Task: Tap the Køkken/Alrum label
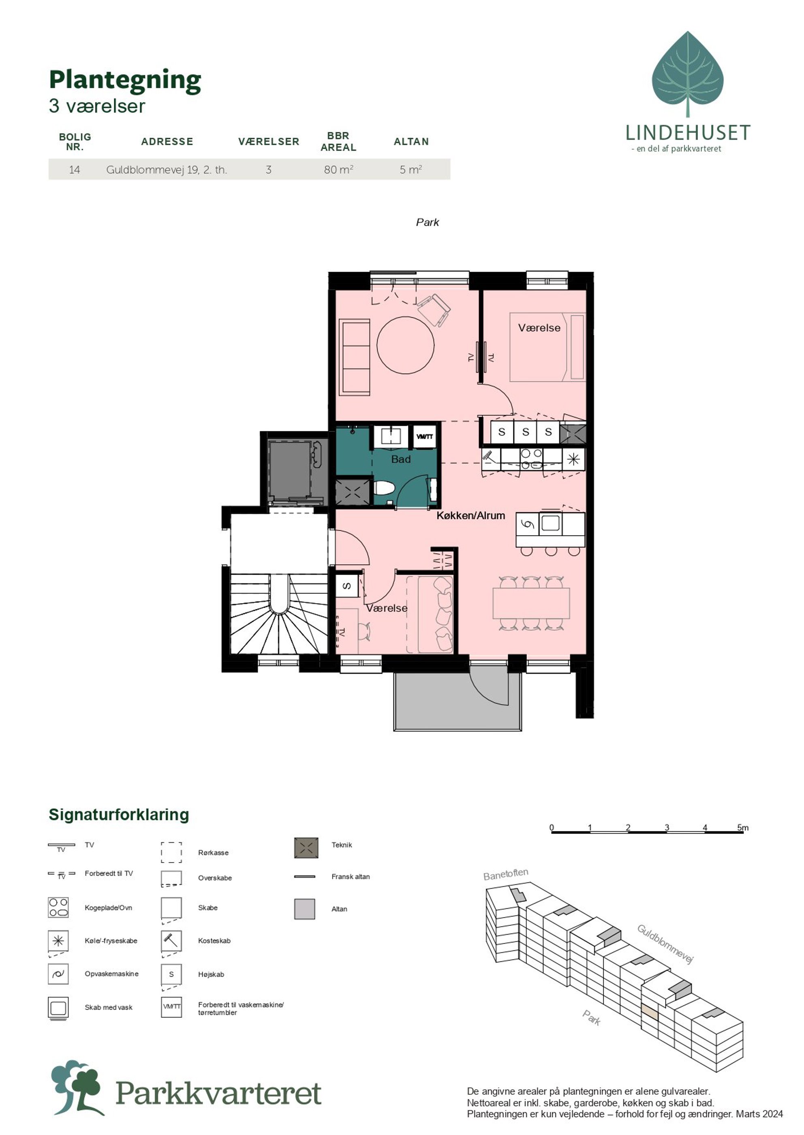pos(470,515)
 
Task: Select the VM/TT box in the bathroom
pos(424,437)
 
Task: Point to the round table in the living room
pos(406,345)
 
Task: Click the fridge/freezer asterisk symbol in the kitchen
pos(573,459)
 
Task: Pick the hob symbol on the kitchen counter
pos(531,459)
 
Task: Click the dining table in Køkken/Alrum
pos(531,604)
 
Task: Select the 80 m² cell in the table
pos(339,170)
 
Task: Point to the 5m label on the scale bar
pos(743,827)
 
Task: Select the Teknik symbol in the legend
pos(306,848)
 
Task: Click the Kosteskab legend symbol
pos(171,941)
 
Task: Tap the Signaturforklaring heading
pos(119,814)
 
